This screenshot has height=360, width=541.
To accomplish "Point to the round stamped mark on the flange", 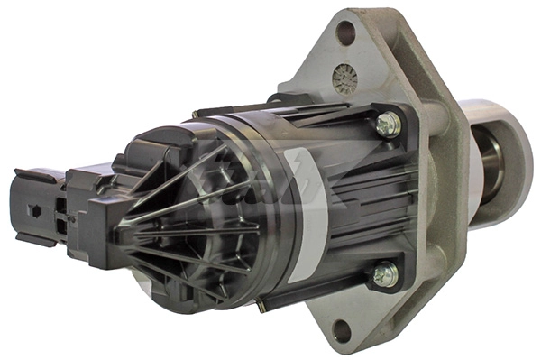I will pyautogui.click(x=344, y=79).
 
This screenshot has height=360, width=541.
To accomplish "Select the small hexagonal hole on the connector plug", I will pyautogui.click(x=33, y=211).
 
